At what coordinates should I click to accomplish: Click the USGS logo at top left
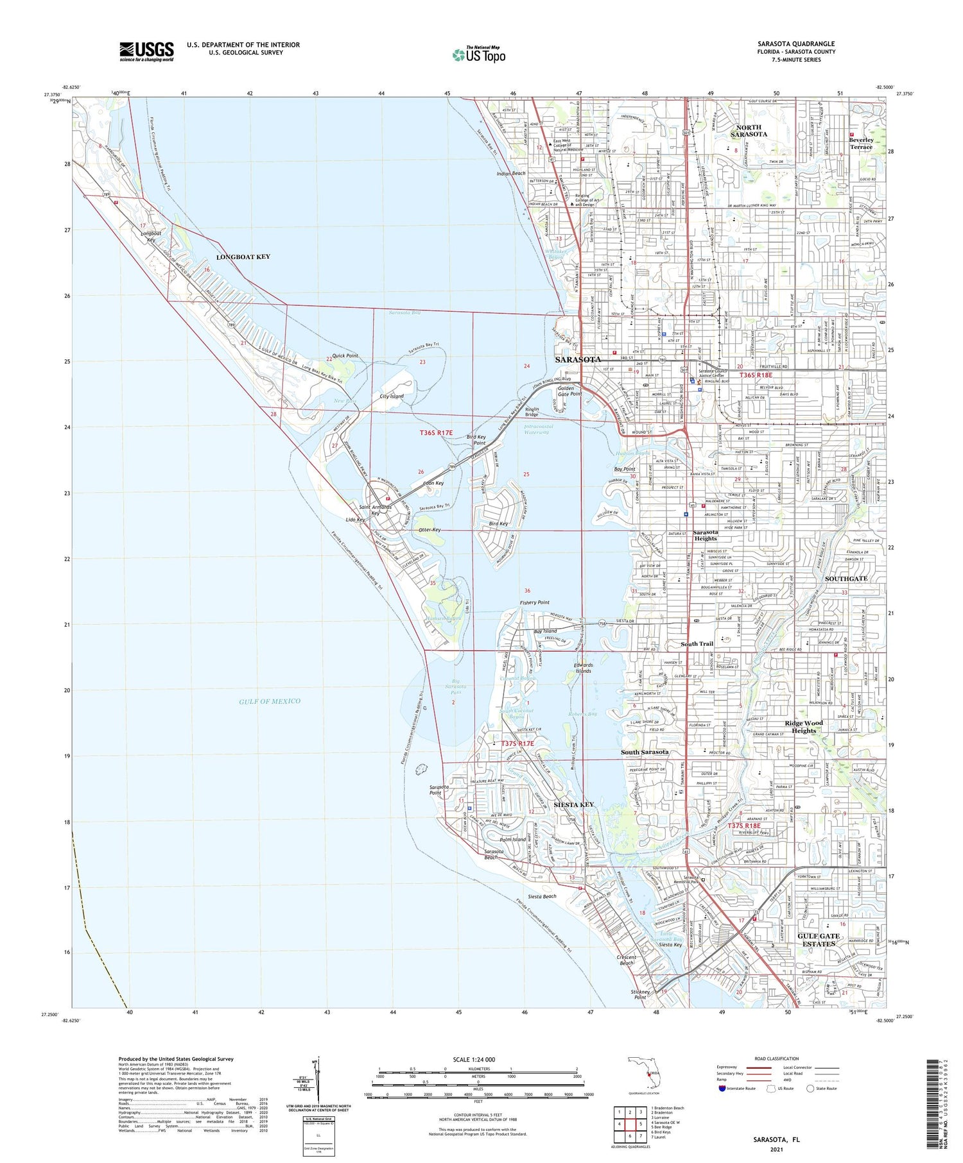click(x=146, y=51)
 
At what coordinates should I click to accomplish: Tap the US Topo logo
click(x=479, y=55)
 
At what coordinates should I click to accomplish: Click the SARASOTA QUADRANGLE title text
click(x=795, y=44)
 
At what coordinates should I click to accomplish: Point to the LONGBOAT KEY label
click(x=243, y=257)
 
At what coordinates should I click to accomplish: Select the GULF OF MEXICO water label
click(x=270, y=701)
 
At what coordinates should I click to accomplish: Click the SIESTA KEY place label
click(x=573, y=804)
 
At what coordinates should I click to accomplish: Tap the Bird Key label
click(x=498, y=523)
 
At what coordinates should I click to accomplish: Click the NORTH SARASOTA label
click(x=749, y=131)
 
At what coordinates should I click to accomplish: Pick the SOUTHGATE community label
click(x=846, y=579)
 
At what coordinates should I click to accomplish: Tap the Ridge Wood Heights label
click(x=804, y=727)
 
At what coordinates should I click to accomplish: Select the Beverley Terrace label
click(x=861, y=143)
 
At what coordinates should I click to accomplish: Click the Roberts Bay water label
click(x=582, y=714)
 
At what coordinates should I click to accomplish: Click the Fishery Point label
click(x=534, y=602)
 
